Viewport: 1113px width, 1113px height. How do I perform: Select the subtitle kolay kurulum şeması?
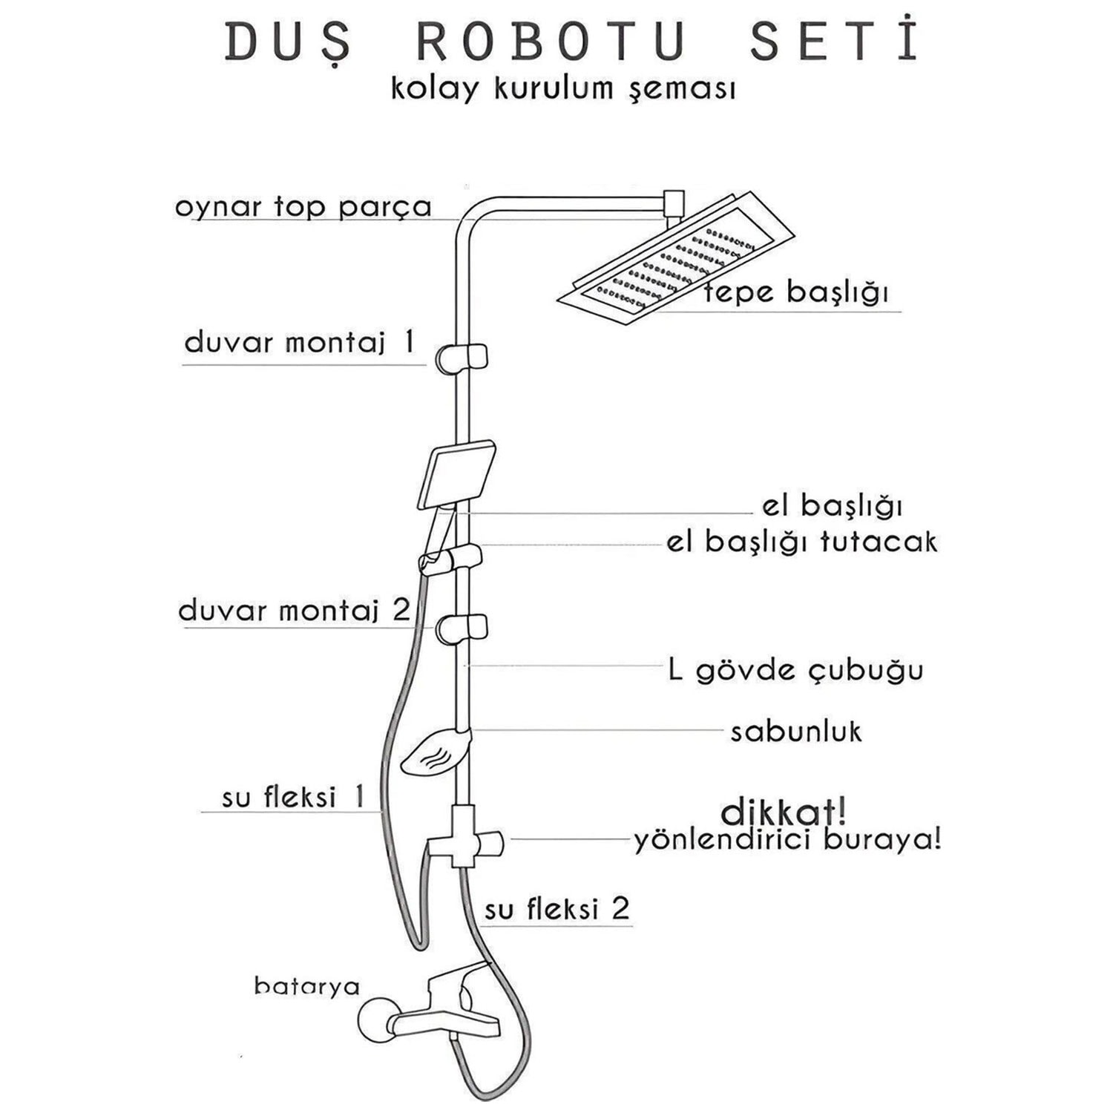(563, 89)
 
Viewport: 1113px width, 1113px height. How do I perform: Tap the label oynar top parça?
(303, 207)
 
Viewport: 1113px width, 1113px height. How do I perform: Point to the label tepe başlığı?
(796, 292)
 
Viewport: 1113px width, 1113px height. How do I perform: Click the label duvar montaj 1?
(299, 343)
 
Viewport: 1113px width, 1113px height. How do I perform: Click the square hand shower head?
(457, 474)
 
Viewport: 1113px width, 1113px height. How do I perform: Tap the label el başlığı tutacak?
(801, 542)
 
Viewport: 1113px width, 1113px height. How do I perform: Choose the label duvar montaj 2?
(294, 611)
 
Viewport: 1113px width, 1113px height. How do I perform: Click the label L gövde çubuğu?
(795, 671)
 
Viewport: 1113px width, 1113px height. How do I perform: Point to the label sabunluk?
(795, 732)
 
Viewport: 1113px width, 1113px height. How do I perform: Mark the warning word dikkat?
(783, 812)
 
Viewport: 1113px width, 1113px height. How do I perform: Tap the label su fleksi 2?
(556, 909)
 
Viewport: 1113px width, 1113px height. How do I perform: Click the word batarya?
(306, 985)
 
